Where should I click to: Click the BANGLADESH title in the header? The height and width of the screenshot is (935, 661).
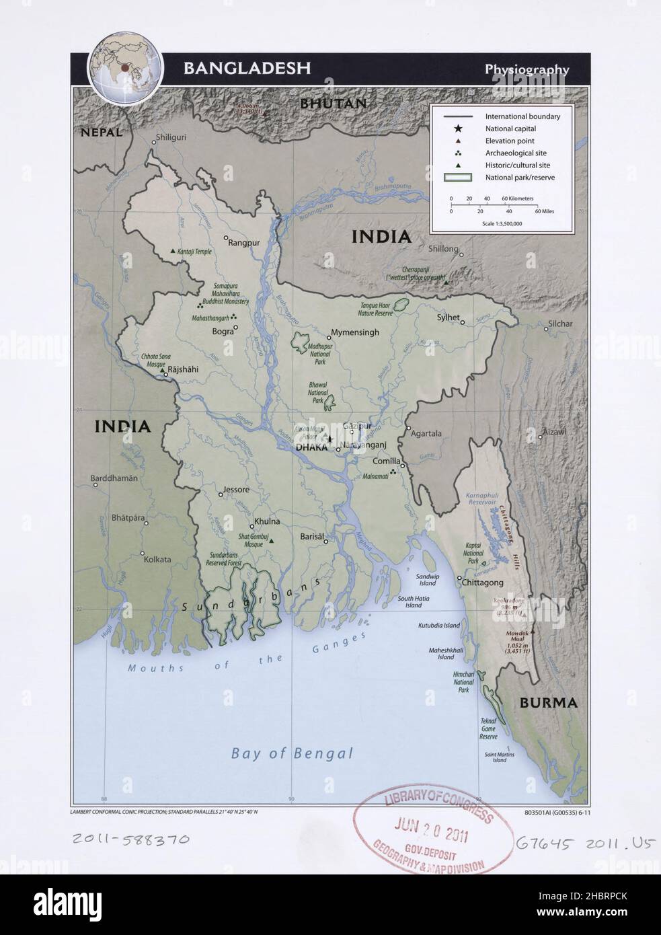click(247, 68)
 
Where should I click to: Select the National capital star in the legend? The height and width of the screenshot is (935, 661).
click(458, 128)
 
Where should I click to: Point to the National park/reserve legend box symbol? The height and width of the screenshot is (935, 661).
click(458, 178)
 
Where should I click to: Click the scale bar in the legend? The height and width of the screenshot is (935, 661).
click(494, 205)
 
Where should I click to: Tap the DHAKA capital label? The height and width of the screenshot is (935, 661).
click(310, 447)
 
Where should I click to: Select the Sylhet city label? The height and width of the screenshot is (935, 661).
click(448, 317)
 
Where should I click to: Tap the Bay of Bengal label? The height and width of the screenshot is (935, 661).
click(292, 753)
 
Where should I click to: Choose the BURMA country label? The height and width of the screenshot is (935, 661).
click(548, 703)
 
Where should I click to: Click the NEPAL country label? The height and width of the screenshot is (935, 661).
click(101, 133)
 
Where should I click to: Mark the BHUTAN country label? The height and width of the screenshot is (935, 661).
click(333, 104)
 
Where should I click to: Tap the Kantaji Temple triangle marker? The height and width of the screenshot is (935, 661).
click(173, 251)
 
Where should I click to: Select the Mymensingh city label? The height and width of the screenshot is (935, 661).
click(354, 332)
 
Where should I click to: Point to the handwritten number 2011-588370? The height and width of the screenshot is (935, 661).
click(130, 839)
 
